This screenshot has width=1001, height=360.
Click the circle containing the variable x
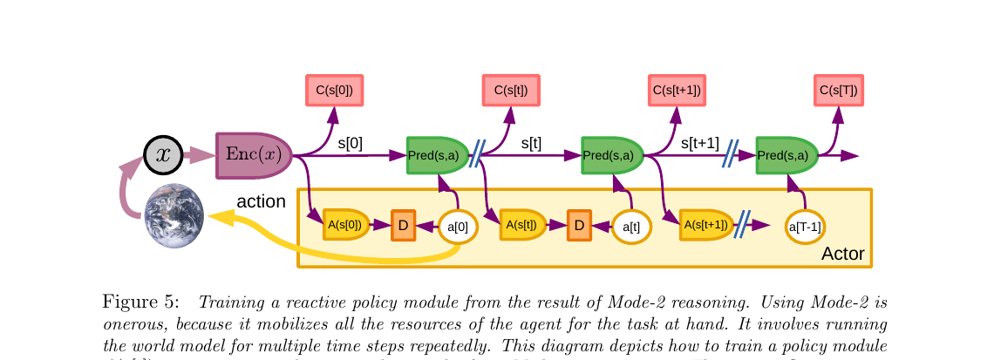click(163, 156)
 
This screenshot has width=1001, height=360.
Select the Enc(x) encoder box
click(253, 155)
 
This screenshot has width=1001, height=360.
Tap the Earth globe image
click(174, 215)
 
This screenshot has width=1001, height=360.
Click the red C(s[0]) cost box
click(334, 90)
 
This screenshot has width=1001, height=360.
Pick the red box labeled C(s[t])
click(511, 90)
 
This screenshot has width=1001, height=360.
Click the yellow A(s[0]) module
click(346, 225)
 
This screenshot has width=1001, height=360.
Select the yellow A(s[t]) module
click(525, 225)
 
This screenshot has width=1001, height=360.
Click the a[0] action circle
click(458, 227)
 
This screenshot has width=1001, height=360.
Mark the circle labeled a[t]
click(631, 227)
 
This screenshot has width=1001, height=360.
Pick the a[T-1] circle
click(804, 227)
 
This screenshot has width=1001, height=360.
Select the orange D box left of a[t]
click(579, 226)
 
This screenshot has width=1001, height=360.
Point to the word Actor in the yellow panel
click(842, 254)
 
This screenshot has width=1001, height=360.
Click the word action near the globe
click(261, 201)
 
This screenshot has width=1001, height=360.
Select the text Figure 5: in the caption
click(141, 302)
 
